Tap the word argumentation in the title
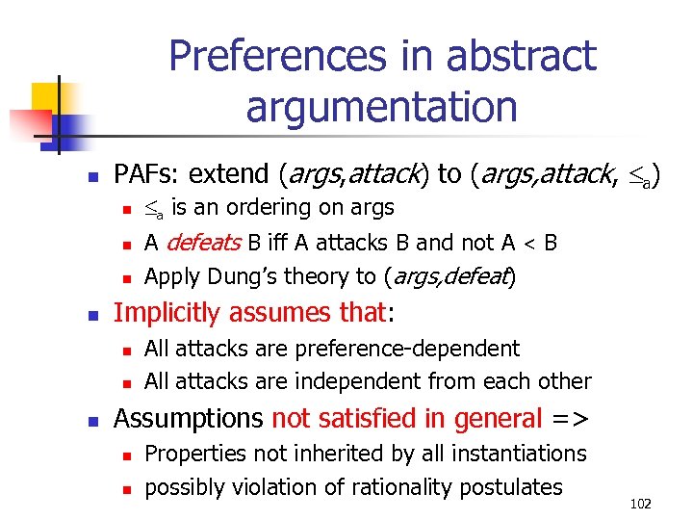tap(381, 106)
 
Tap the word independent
tap(338, 381)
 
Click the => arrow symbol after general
tap(571, 419)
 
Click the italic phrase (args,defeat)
tap(449, 276)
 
